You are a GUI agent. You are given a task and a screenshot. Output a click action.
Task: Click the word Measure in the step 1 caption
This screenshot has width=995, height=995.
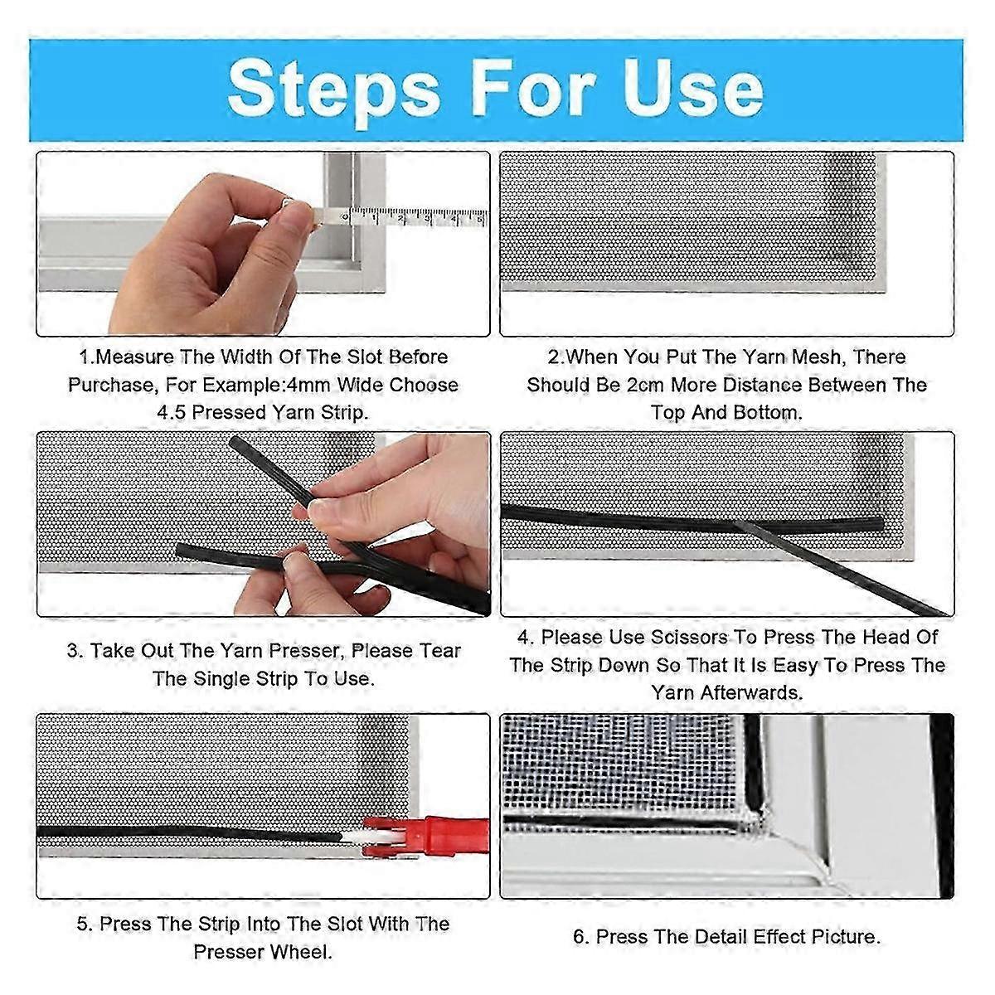point(134,357)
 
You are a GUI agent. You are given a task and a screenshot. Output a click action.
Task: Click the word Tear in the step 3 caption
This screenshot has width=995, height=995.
point(439,651)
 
